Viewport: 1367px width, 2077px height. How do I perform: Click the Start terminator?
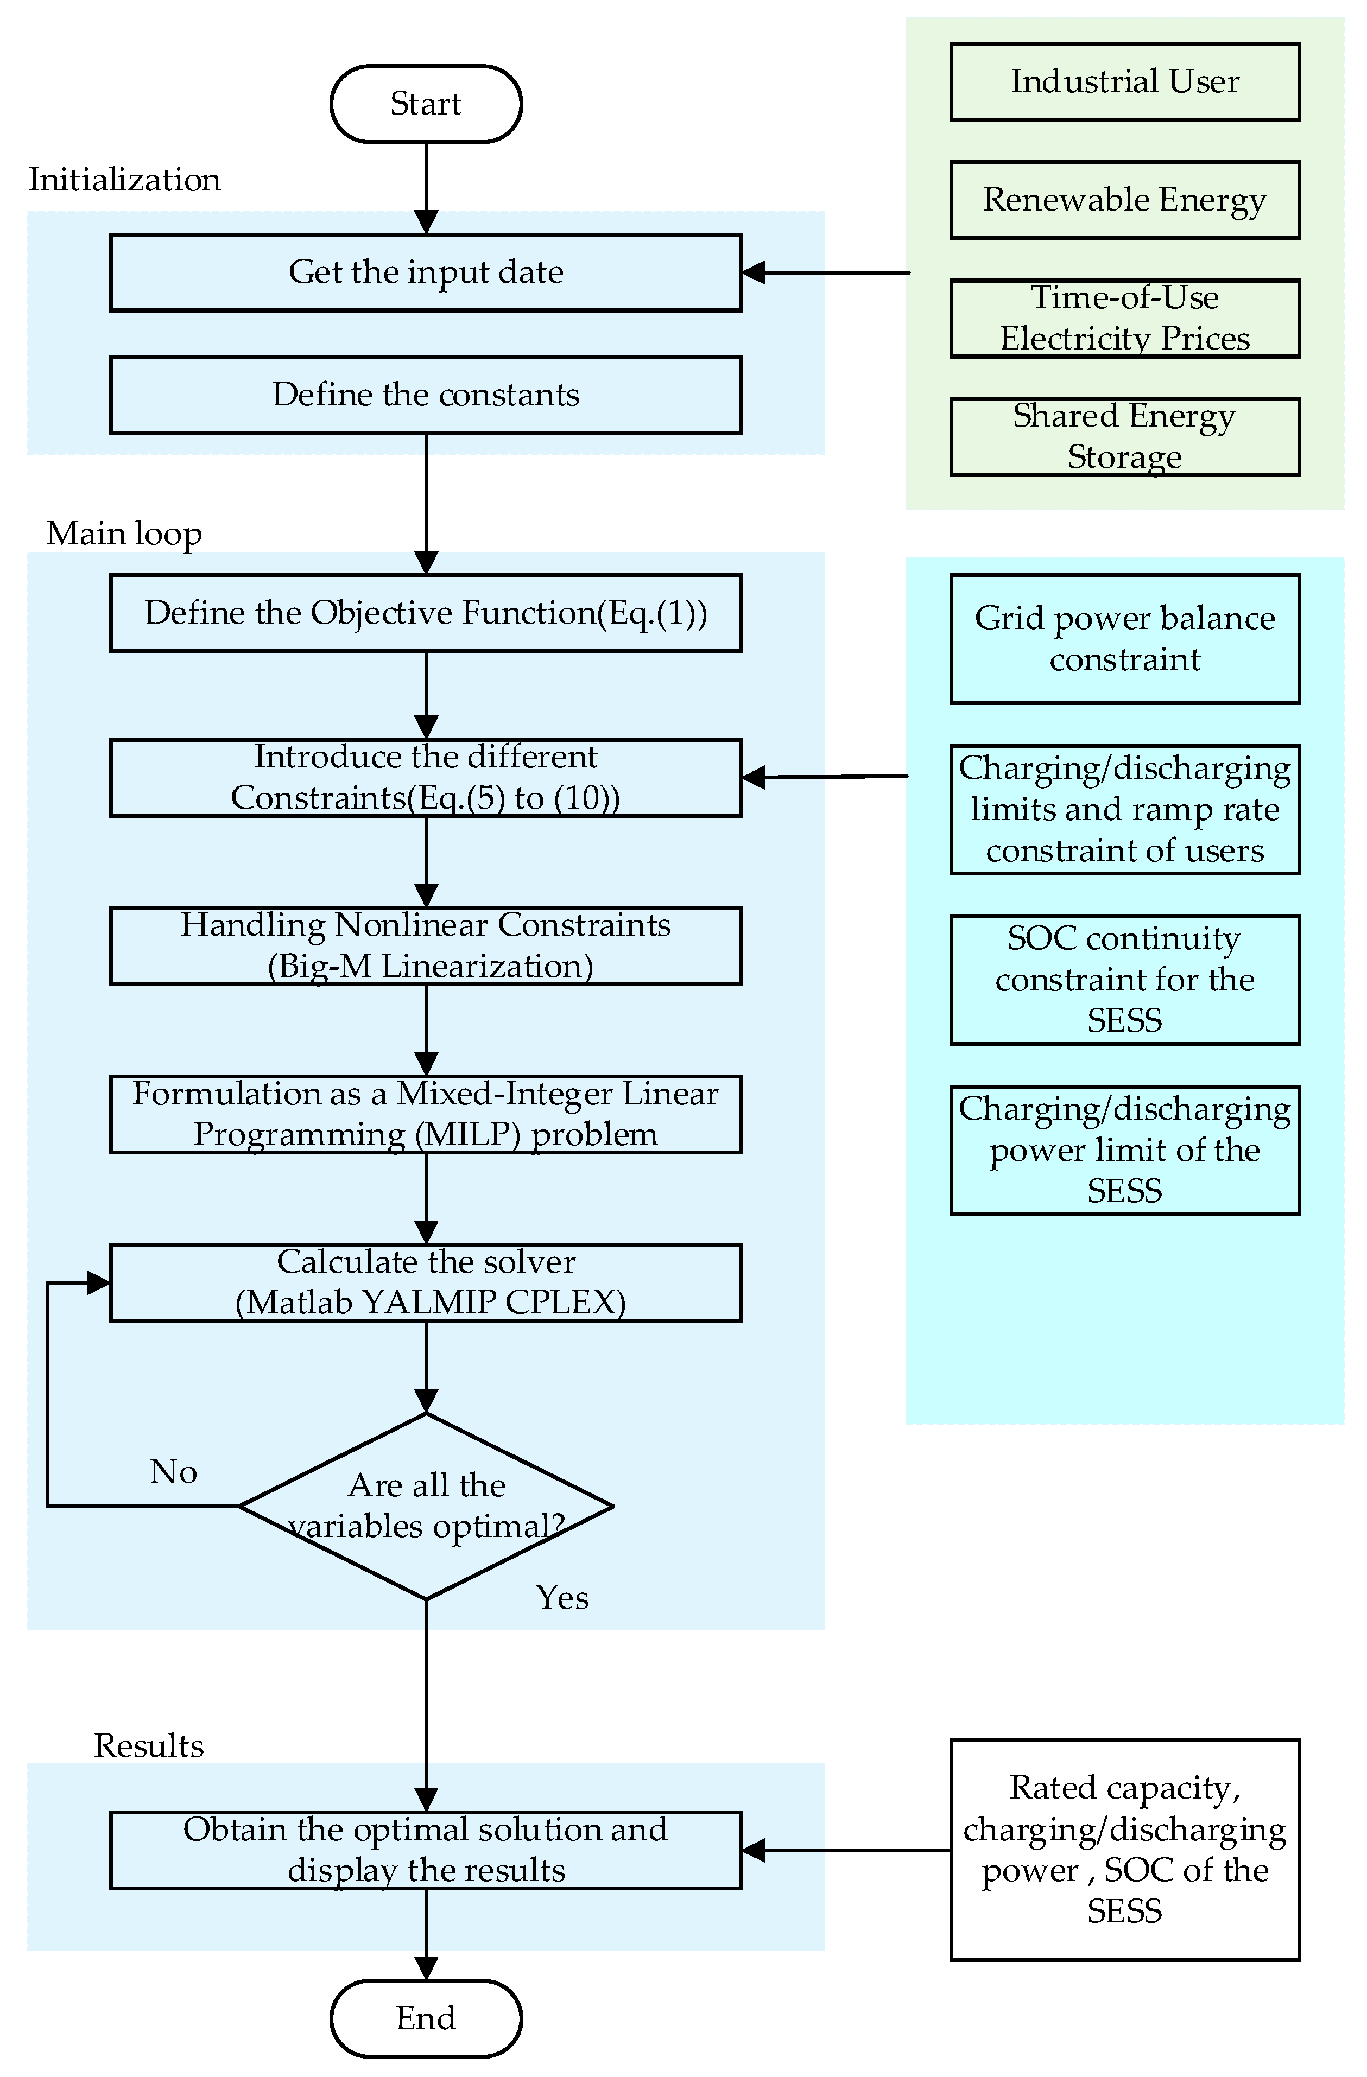coord(426,104)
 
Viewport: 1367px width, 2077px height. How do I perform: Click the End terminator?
coord(426,2018)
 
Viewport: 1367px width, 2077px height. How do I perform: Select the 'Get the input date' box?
coord(426,272)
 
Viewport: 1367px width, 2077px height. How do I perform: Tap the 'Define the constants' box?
coord(426,395)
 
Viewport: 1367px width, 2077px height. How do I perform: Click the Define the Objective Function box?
coord(426,613)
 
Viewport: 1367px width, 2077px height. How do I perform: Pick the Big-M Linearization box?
coord(426,946)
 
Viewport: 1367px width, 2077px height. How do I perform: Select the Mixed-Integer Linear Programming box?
coord(426,1114)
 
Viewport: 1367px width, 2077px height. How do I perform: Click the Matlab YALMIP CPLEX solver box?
coord(426,1282)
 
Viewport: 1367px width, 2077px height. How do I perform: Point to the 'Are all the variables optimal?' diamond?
coord(426,1506)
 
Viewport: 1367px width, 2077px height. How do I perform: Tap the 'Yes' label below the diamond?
coord(562,1598)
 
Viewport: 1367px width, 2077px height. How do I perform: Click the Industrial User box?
coord(1124,82)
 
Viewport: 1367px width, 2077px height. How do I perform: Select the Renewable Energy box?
coord(1124,200)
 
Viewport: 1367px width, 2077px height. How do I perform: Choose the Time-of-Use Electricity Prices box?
coord(1124,319)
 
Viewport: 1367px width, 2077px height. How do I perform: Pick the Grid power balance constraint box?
coord(1124,639)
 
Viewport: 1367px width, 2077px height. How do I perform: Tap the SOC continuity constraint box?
coord(1124,979)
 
